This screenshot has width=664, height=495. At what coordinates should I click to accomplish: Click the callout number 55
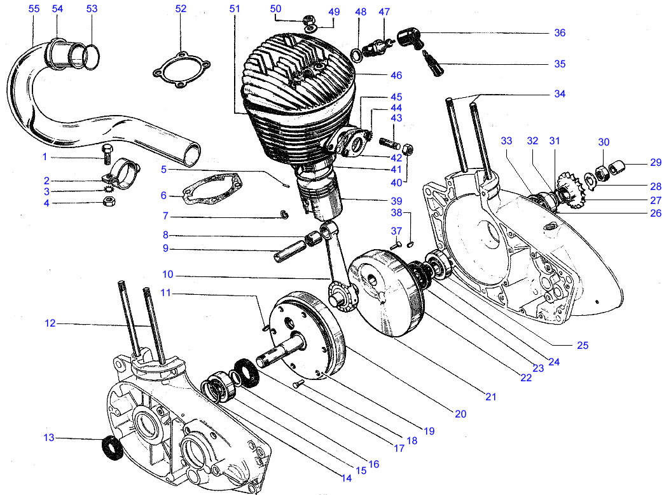(x=34, y=9)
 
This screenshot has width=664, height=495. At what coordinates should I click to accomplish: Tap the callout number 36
(x=560, y=32)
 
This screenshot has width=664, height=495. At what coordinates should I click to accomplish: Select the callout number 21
(x=490, y=397)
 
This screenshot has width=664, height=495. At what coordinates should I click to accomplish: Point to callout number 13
(x=49, y=437)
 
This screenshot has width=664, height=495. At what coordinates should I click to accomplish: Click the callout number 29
(x=656, y=163)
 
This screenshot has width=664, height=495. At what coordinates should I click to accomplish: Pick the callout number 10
(x=168, y=275)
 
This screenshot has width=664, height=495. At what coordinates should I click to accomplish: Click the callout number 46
(x=396, y=76)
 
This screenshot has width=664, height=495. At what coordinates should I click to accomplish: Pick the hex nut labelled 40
(x=407, y=149)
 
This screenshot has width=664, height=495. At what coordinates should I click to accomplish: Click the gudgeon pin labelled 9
(x=289, y=251)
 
